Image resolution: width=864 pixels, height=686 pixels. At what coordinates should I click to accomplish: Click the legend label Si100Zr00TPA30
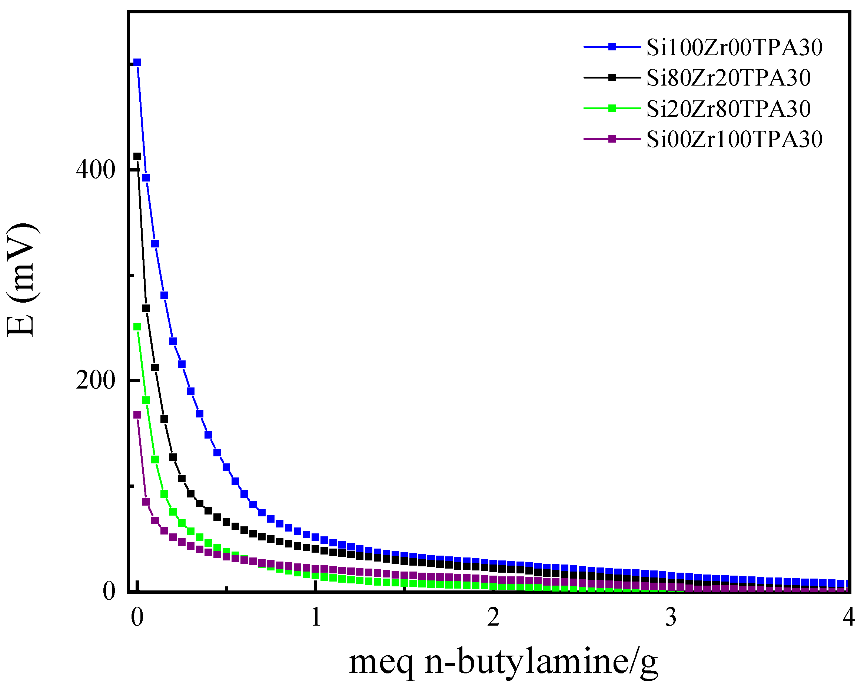point(734,47)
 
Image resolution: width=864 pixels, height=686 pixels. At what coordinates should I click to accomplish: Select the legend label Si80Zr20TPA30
point(728,78)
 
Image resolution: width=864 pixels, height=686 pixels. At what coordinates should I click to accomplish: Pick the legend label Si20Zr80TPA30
point(728,109)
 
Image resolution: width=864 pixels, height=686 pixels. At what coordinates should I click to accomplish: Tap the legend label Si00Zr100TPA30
point(734,139)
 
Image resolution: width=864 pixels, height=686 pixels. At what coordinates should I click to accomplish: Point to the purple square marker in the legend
point(612,139)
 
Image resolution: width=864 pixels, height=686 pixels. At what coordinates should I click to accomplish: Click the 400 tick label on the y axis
point(95,170)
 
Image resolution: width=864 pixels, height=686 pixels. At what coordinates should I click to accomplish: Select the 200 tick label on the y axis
point(95,380)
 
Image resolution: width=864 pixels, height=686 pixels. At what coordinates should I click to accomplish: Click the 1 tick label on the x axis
point(316,617)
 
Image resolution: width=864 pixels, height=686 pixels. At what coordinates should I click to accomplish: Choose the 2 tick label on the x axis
point(493,617)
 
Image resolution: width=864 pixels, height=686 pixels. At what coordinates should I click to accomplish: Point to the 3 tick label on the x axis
point(671,617)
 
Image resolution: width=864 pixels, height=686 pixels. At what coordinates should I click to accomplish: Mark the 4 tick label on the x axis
point(848,617)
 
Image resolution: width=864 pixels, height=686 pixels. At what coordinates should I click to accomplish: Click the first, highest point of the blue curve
point(137,63)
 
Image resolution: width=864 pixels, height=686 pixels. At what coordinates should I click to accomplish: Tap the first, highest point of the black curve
point(137,156)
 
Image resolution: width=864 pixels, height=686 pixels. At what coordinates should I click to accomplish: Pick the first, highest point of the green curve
point(137,327)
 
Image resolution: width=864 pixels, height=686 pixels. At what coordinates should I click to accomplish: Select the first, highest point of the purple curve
point(137,415)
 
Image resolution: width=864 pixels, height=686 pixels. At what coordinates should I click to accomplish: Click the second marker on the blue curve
point(146,178)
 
